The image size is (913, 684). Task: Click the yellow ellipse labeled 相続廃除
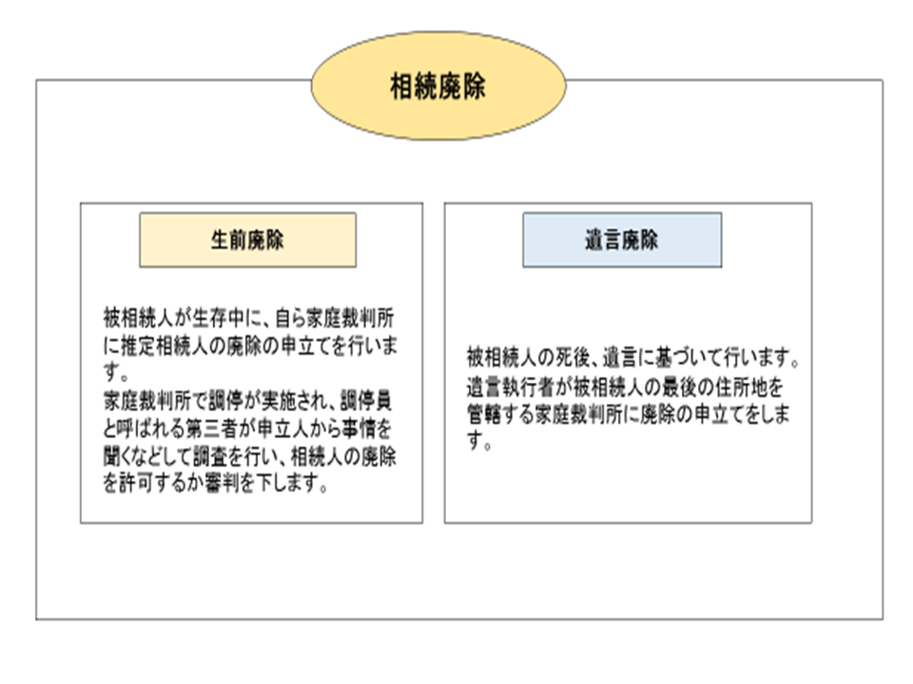pos(438,85)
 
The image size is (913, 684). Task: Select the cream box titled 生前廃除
pos(247,240)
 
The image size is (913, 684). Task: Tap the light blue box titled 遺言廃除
pos(622,240)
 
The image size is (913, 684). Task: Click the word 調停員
pos(365,401)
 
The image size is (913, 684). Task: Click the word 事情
pos(359,428)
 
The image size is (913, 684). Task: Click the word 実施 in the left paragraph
pos(280,401)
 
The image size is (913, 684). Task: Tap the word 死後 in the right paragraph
pos(573,357)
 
